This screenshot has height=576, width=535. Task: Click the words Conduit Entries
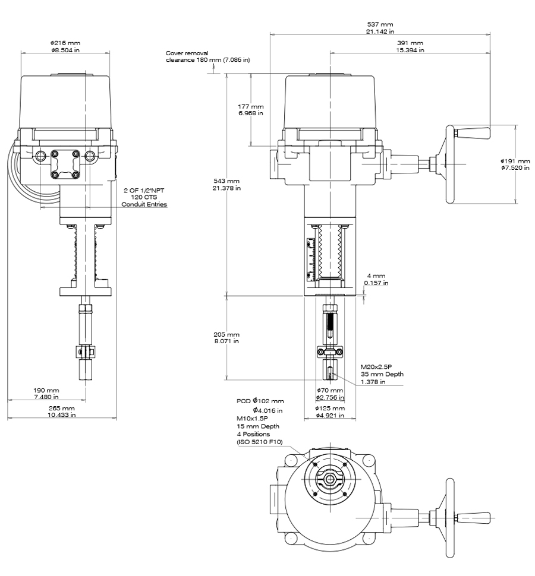[x=144, y=204]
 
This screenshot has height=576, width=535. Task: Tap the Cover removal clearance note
[x=207, y=57]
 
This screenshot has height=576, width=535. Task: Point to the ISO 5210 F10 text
[x=260, y=441]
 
